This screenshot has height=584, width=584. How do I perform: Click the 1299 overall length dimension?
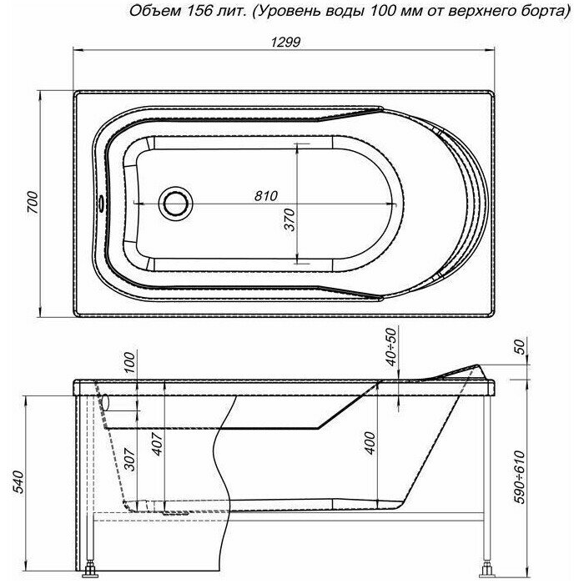[x=285, y=42]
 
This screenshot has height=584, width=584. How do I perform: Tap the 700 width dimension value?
[x=33, y=202]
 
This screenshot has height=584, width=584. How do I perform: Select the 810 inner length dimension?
[x=266, y=195]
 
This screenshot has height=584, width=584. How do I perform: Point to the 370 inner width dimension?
[x=289, y=219]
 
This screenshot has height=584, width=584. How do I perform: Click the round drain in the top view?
[x=176, y=204]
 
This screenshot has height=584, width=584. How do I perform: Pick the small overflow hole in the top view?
[x=101, y=204]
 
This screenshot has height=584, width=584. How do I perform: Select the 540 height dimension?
[x=18, y=482]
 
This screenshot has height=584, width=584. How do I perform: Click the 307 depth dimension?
[x=129, y=459]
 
